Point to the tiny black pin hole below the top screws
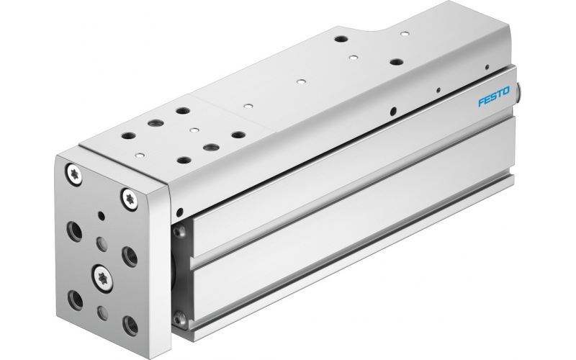click(102, 215)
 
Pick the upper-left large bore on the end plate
click(74, 230)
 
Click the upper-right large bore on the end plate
click(130, 256)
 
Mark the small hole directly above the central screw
click(101, 243)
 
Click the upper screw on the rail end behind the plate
click(180, 232)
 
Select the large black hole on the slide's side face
click(392, 112)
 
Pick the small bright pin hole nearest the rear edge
click(405, 34)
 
